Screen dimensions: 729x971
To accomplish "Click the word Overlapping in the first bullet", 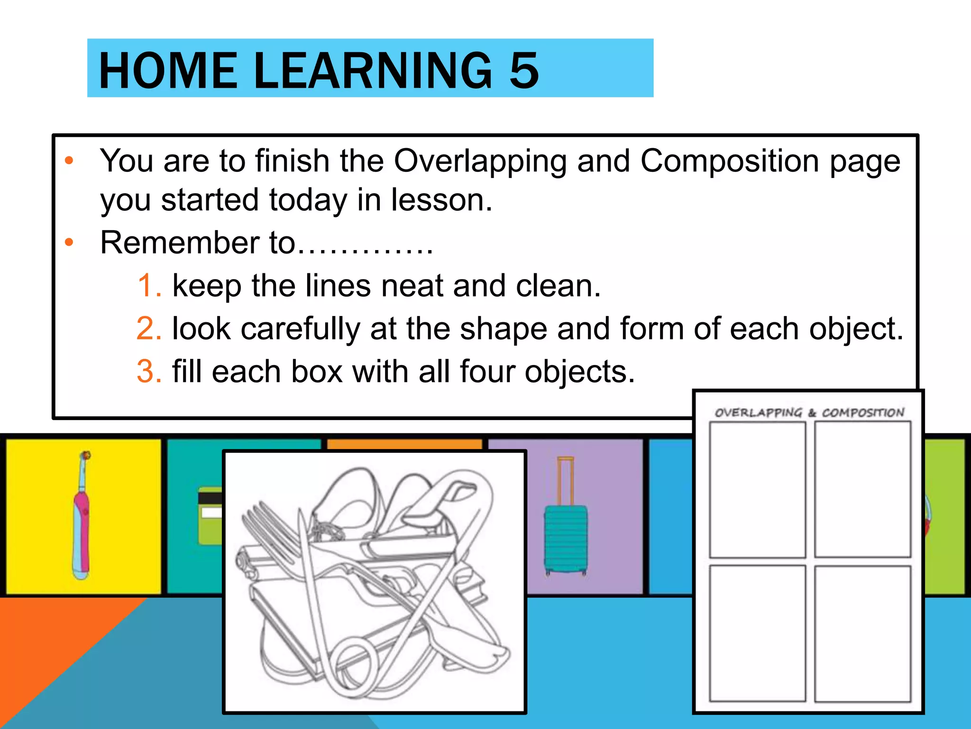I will [480, 161].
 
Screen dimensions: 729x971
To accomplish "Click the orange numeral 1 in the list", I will [149, 286].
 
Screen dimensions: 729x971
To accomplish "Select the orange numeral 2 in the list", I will [149, 328].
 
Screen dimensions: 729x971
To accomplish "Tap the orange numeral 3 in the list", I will [149, 371].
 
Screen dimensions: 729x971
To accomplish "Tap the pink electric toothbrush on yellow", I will [82, 517].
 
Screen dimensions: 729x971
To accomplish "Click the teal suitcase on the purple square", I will [566, 539].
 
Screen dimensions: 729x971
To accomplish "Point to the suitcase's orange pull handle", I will [565, 479].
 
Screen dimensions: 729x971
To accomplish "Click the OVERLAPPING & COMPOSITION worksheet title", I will [809, 412].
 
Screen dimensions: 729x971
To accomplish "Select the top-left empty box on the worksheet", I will [757, 489].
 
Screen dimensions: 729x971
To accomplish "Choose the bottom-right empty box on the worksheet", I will [863, 633].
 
